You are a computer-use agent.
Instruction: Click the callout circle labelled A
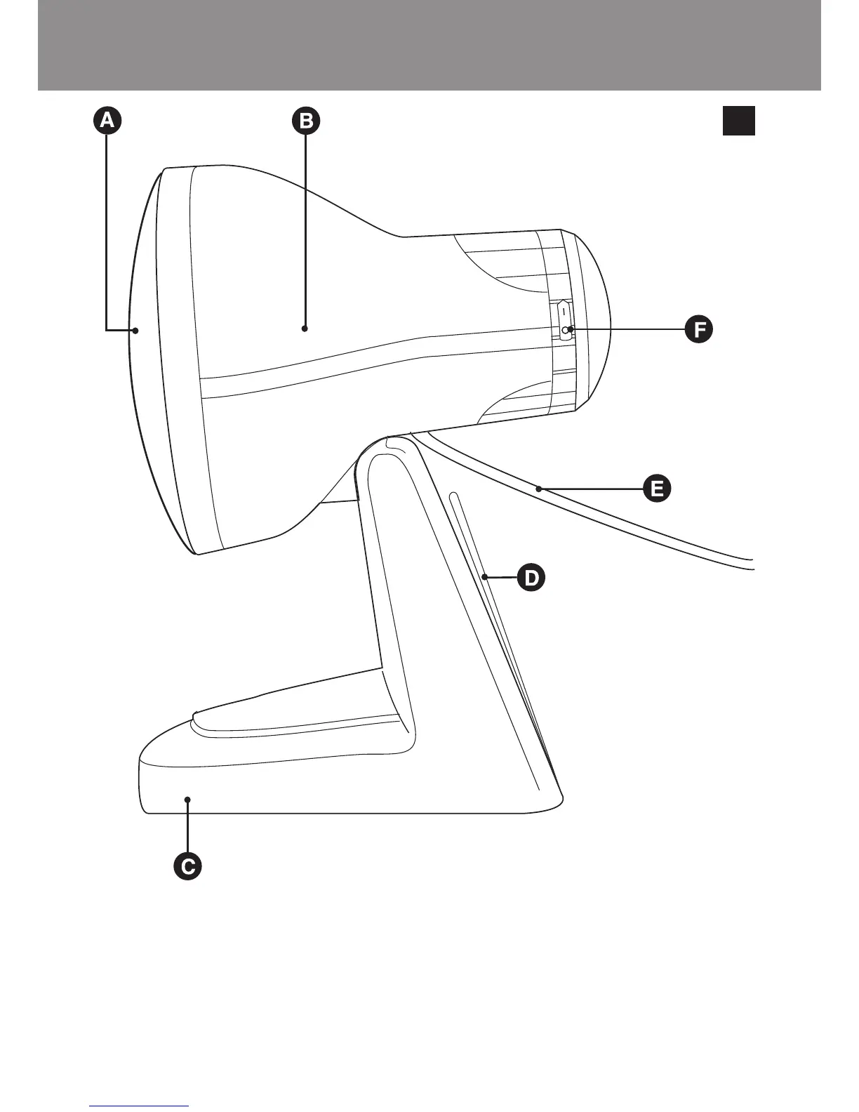(x=107, y=121)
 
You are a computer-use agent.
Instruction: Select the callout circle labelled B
(x=306, y=121)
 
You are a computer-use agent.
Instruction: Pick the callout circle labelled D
(x=531, y=578)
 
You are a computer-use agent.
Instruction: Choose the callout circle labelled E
(x=657, y=488)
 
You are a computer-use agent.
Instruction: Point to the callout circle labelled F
(x=698, y=329)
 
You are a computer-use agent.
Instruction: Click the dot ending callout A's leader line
(x=136, y=329)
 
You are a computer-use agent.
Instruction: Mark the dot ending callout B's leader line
(x=305, y=328)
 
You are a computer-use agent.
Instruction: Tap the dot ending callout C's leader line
(x=187, y=799)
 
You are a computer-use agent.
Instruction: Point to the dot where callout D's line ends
(x=485, y=577)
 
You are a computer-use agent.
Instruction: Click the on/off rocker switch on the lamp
(x=565, y=320)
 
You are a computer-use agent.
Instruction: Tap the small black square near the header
(x=738, y=120)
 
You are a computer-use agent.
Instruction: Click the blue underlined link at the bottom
(x=140, y=1107)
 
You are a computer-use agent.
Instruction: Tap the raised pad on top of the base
(x=295, y=716)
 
